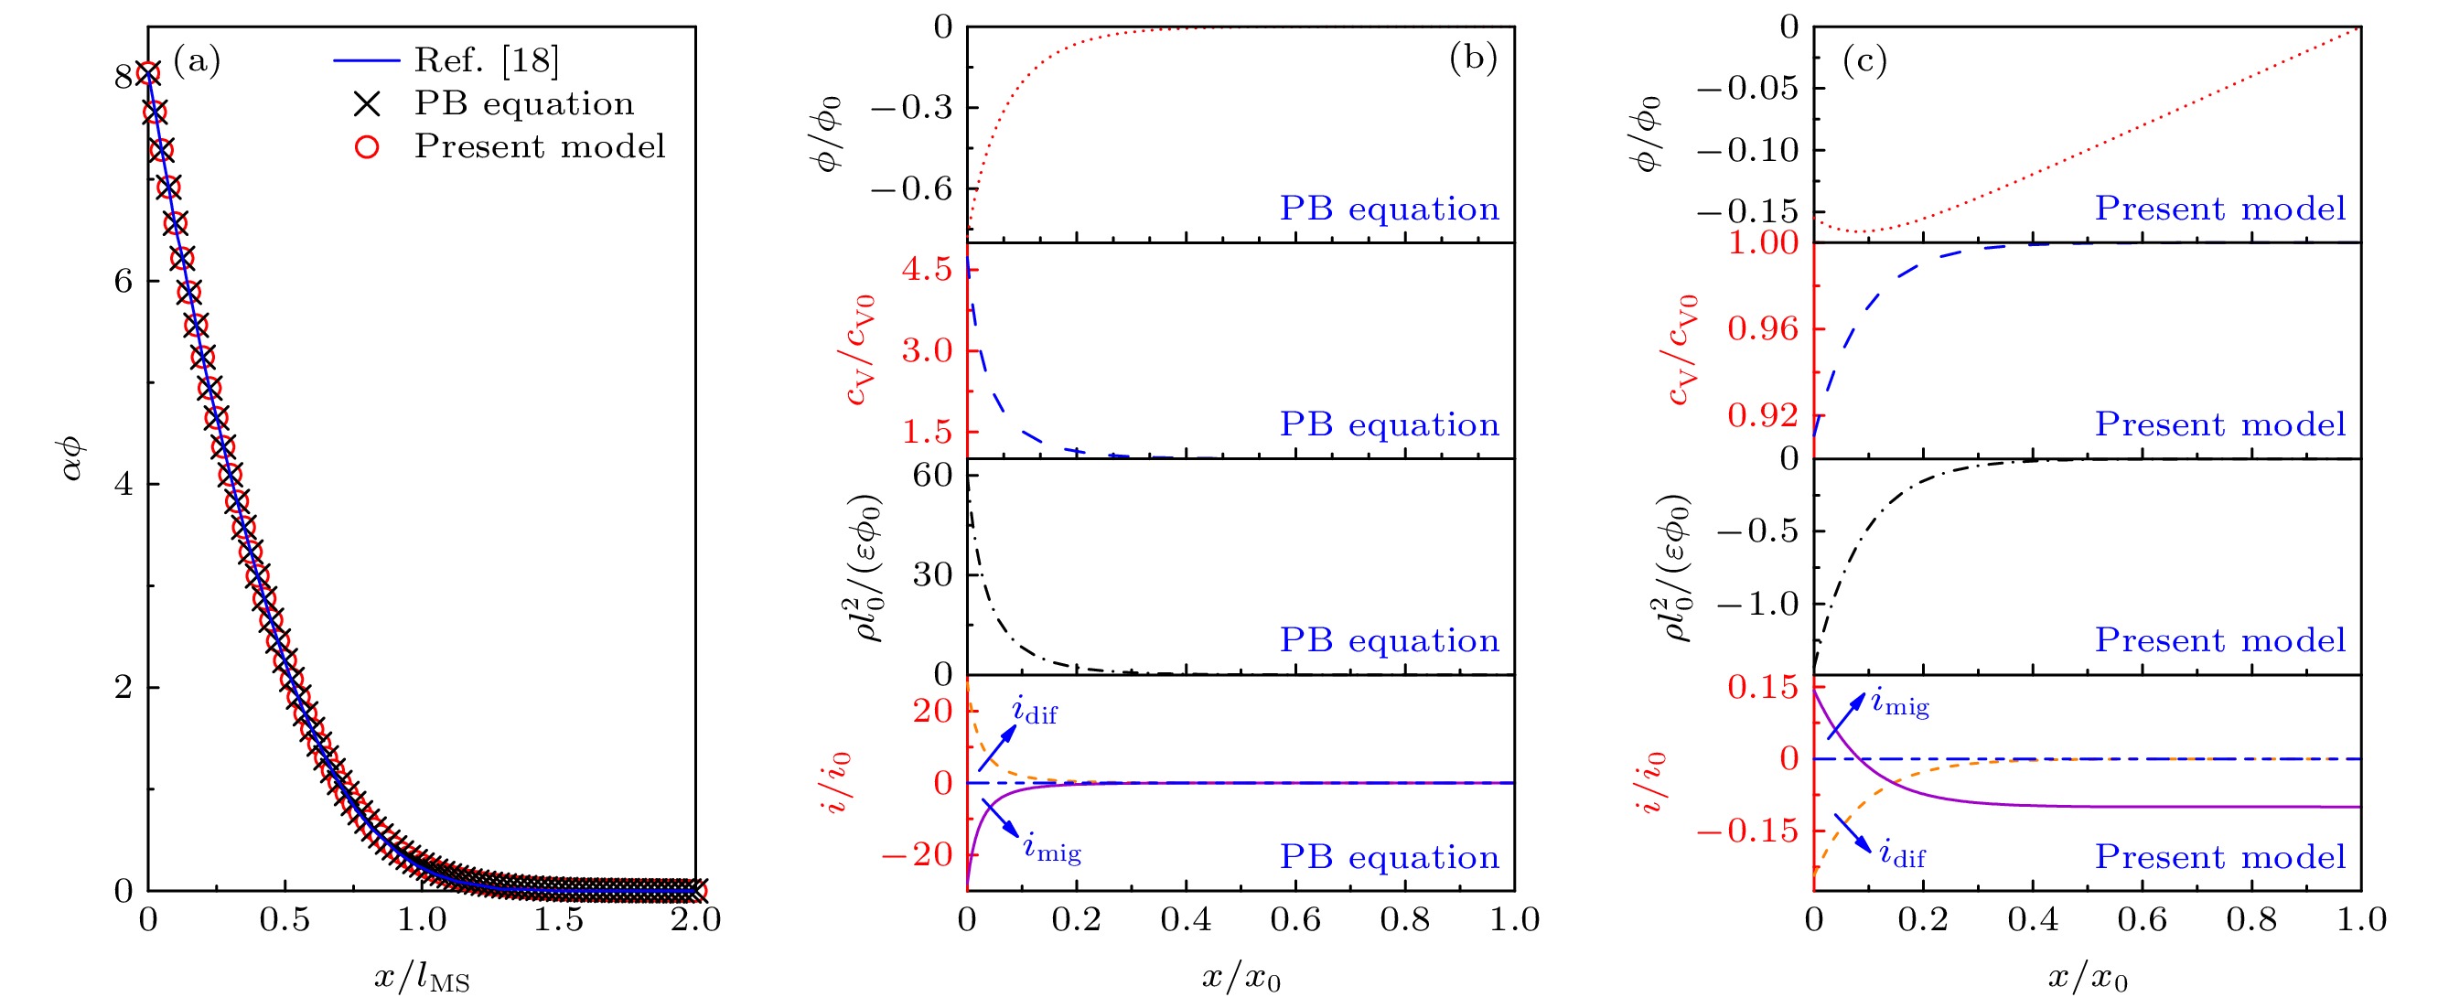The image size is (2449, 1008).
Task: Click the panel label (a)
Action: tap(197, 61)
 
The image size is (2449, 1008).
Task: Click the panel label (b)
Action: tap(1473, 59)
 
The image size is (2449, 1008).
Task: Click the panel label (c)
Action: tap(1864, 61)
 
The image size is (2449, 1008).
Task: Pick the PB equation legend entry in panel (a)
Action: tap(523, 103)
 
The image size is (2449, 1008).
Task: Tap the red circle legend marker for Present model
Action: tap(367, 147)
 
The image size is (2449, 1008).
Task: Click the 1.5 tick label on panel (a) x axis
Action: tap(558, 919)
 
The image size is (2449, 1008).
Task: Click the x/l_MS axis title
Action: tap(421, 977)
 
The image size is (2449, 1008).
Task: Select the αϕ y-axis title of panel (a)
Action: tap(74, 457)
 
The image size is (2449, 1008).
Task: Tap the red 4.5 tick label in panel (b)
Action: tap(927, 270)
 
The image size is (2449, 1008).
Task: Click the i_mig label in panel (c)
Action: tap(1899, 702)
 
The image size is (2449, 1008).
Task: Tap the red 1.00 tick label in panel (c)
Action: tap(1764, 243)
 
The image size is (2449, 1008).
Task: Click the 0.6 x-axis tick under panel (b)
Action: tap(1295, 919)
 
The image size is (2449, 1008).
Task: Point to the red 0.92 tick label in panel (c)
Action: tap(1764, 415)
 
